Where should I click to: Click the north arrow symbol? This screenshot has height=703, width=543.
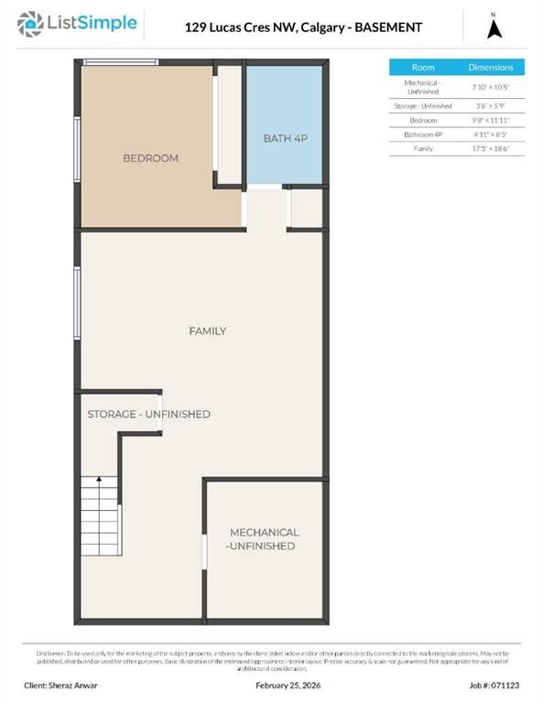pyautogui.click(x=494, y=27)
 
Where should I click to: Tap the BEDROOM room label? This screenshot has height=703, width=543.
pyautogui.click(x=150, y=158)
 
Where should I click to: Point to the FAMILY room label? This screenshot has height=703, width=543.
pyautogui.click(x=208, y=330)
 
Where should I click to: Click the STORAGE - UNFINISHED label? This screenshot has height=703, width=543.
pyautogui.click(x=148, y=414)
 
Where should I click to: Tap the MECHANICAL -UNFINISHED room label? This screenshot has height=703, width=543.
pyautogui.click(x=264, y=539)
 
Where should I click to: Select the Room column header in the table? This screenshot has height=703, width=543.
pyautogui.click(x=423, y=68)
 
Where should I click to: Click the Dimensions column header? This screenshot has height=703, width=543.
pyautogui.click(x=491, y=68)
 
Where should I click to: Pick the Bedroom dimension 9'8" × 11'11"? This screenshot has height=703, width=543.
pyautogui.click(x=491, y=120)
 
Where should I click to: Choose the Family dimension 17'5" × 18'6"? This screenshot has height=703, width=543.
pyautogui.click(x=491, y=147)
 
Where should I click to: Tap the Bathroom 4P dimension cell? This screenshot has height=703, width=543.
pyautogui.click(x=491, y=134)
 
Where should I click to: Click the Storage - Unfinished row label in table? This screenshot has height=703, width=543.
pyautogui.click(x=423, y=106)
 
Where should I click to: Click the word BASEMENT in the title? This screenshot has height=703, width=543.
pyautogui.click(x=388, y=27)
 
